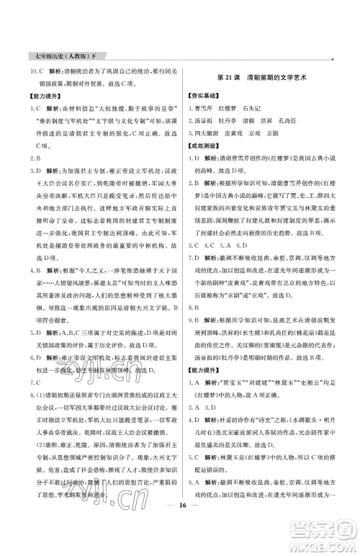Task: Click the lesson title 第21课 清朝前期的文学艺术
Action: (x=263, y=78)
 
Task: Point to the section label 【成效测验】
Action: (x=205, y=146)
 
